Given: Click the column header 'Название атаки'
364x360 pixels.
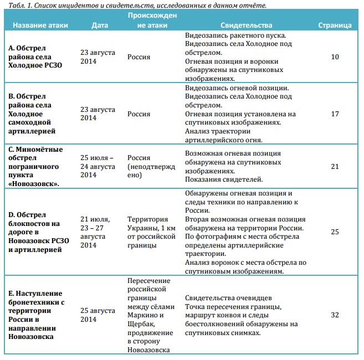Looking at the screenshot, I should tap(41, 25).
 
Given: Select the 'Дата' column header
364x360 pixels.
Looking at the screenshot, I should tap(100, 25).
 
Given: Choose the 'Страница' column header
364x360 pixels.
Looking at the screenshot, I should tap(335, 25).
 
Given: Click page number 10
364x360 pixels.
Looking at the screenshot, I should tap(335, 56).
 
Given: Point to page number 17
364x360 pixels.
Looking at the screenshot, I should tap(335, 114).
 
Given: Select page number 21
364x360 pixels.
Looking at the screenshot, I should tap(335, 166).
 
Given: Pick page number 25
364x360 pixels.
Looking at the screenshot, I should tap(335, 232).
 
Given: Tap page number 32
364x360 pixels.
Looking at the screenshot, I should tap(335, 315).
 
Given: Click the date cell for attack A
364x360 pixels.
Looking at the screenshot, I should tap(98, 56).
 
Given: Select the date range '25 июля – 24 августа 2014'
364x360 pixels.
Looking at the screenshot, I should tap(98, 166).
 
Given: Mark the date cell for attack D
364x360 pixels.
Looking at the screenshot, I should tap(98, 232).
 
